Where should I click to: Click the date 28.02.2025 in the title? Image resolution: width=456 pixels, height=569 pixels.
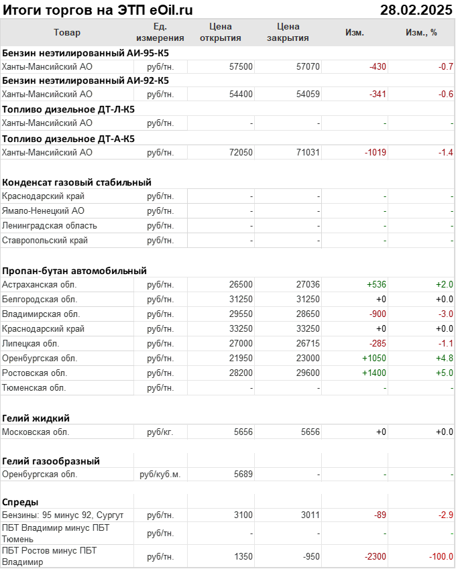tap(416, 9)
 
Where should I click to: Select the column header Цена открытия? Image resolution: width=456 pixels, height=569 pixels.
tap(221, 32)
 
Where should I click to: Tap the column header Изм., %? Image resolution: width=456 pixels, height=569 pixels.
tap(421, 32)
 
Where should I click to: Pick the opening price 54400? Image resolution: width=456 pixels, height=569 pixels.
tap(241, 94)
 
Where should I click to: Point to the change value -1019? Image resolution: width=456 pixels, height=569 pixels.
tap(375, 152)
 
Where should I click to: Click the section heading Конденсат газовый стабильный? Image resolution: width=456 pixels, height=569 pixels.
tap(76, 182)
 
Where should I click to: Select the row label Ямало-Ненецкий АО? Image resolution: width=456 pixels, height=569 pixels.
tap(43, 211)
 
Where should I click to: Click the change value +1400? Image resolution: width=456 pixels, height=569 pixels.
tap(374, 373)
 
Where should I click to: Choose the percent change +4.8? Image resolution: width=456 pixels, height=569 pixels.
tap(444, 358)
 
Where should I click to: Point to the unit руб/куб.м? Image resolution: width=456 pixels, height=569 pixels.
tap(160, 474)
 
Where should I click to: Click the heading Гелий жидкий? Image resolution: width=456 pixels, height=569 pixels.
tap(36, 418)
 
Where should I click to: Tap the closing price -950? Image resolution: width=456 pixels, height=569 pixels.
tap(309, 556)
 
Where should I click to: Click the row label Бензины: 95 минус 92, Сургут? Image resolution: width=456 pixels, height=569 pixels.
tap(63, 515)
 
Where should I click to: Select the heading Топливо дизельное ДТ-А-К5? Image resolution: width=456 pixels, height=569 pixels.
tap(68, 139)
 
